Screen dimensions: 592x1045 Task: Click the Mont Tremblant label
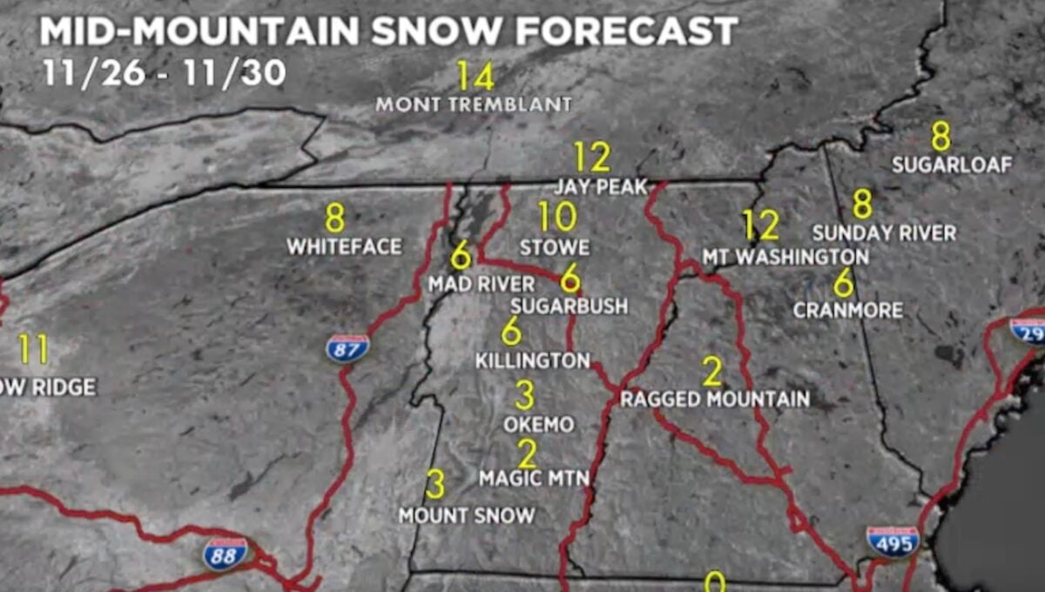click(474, 104)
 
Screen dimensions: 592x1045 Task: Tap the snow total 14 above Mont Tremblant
click(475, 77)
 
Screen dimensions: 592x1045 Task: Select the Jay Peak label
click(602, 187)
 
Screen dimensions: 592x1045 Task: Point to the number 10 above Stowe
click(557, 217)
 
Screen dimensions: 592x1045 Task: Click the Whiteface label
click(344, 247)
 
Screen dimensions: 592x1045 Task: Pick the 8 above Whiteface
click(335, 217)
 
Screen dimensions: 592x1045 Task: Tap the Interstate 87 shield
click(347, 348)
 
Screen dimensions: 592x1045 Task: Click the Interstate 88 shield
click(226, 553)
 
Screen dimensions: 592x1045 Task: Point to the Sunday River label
click(884, 233)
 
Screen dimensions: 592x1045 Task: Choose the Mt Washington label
click(785, 258)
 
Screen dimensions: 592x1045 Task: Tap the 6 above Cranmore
click(843, 282)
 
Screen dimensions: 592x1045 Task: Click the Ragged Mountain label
click(715, 400)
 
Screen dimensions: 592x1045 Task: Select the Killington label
click(532, 360)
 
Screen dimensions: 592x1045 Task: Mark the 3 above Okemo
click(524, 395)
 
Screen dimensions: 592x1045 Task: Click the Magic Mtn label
click(534, 479)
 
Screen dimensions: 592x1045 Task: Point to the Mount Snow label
click(467, 515)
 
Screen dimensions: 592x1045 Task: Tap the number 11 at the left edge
click(33, 350)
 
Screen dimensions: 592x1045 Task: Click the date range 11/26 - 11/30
click(164, 73)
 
